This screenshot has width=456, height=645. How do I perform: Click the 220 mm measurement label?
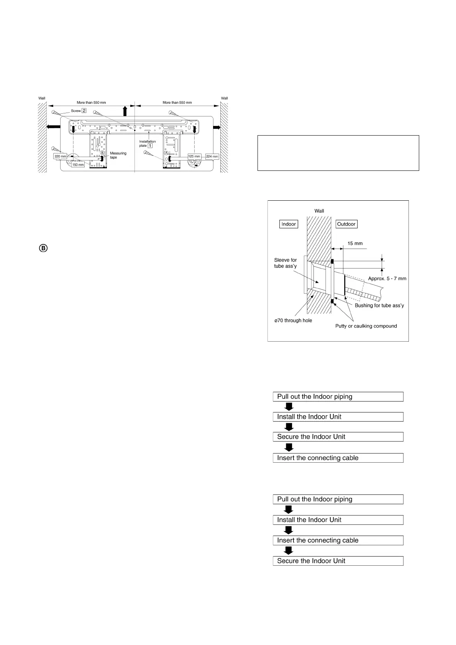click(60, 156)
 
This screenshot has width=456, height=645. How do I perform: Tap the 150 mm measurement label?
click(78, 165)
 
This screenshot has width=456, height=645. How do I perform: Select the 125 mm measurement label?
click(194, 156)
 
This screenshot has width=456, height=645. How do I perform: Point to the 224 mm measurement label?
click(212, 156)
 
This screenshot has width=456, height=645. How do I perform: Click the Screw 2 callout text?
click(78, 111)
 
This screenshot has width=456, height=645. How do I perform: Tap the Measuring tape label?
click(118, 155)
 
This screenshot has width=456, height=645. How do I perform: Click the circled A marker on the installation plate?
click(166, 152)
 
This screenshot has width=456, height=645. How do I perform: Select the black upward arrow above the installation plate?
click(125, 111)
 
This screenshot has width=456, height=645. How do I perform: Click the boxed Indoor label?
click(289, 224)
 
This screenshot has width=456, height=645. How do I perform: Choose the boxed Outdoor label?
click(346, 224)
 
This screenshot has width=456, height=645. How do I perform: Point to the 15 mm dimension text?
click(355, 244)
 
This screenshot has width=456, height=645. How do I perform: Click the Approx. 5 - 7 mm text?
click(387, 278)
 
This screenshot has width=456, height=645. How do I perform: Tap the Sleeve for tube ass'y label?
click(285, 263)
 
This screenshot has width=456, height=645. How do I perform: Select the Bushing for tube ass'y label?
click(379, 305)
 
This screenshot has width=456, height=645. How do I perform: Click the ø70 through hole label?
click(293, 320)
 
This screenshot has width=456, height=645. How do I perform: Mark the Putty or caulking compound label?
click(366, 326)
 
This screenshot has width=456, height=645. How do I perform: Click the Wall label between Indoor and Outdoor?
click(319, 211)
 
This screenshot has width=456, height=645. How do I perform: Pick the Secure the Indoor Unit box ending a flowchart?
click(338, 561)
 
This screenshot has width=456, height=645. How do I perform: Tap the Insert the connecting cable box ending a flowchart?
click(338, 458)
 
